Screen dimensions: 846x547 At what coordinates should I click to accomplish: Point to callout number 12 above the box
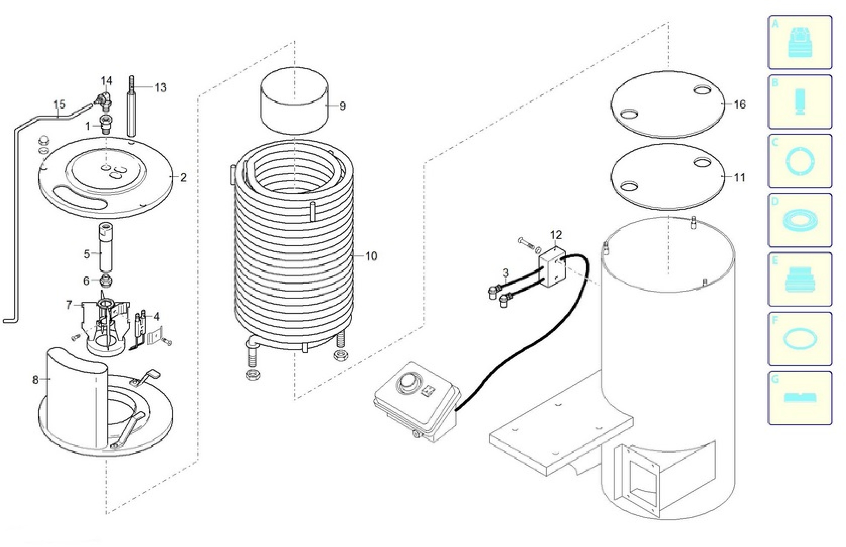556,235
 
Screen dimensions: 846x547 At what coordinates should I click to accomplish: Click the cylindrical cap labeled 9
294,101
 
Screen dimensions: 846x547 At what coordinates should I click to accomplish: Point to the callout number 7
69,305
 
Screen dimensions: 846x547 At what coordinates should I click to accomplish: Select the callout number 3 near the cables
506,273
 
